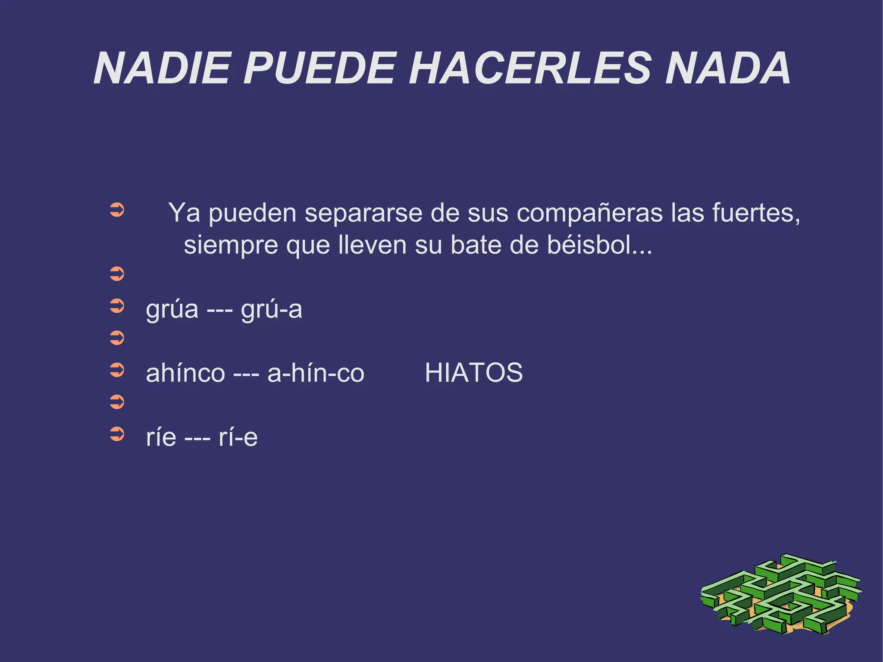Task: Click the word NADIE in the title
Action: [x=162, y=69]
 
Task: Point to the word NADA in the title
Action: [x=727, y=69]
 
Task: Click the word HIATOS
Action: [x=473, y=373]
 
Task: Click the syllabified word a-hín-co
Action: [x=316, y=373]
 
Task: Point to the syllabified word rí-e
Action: [x=238, y=437]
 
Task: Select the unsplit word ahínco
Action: [x=185, y=373]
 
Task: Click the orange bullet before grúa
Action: [x=117, y=306]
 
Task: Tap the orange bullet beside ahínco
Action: [x=117, y=370]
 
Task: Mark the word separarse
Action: [x=363, y=213]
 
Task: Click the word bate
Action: [x=475, y=245]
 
